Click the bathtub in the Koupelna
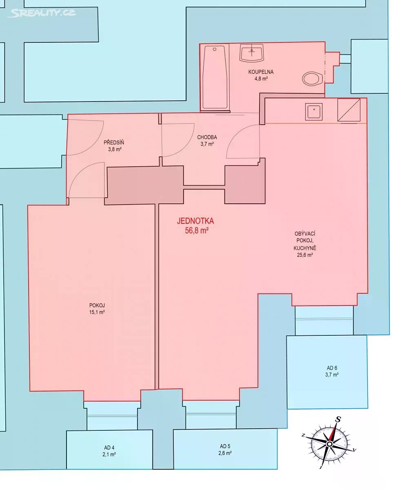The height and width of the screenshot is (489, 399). point(215,77)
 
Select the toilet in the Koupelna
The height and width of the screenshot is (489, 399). point(313,79)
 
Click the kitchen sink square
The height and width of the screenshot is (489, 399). point(314,112)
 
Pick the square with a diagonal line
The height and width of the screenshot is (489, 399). point(349,110)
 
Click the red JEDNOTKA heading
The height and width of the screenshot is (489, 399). point(195,221)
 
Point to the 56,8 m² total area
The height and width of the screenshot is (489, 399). point(197,231)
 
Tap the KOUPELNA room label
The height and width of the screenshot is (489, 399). point(261,72)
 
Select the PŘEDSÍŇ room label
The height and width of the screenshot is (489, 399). point(114,142)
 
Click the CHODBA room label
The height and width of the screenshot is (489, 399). point(207,137)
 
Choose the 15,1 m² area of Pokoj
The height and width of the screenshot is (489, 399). point(97,312)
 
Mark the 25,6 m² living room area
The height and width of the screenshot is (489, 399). point(305,255)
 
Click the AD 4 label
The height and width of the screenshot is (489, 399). point(109,447)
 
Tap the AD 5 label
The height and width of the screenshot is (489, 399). point(225,446)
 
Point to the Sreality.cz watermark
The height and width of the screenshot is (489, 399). point(41,13)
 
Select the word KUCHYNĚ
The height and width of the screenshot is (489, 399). point(305,248)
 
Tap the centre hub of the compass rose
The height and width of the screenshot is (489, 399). point(329,444)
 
